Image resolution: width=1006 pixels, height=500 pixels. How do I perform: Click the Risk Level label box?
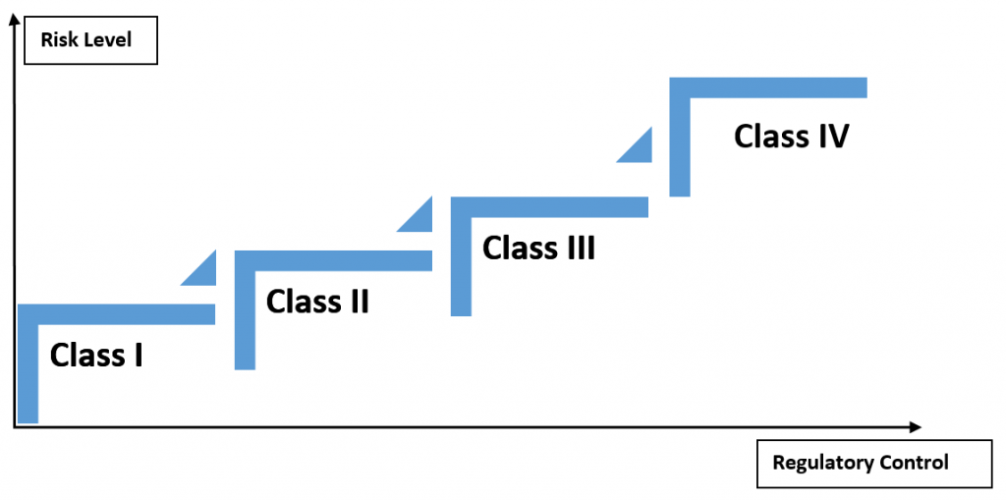point(90,42)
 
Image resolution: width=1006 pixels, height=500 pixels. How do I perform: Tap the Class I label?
point(96,354)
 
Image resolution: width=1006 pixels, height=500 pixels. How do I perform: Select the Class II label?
point(317,301)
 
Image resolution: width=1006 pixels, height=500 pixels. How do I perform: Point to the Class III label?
point(538,248)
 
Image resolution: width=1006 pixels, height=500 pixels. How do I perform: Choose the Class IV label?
point(791,136)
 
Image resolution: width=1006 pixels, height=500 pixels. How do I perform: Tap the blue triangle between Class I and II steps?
point(203,271)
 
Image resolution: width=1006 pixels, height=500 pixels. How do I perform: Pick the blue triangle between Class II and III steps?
point(419,218)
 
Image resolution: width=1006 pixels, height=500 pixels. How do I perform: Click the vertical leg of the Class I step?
point(28,368)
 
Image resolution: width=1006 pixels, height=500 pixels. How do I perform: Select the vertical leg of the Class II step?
point(245,314)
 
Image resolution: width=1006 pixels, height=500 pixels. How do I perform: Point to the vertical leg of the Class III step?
point(460,260)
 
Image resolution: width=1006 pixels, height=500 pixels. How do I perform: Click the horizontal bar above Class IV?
point(776,87)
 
